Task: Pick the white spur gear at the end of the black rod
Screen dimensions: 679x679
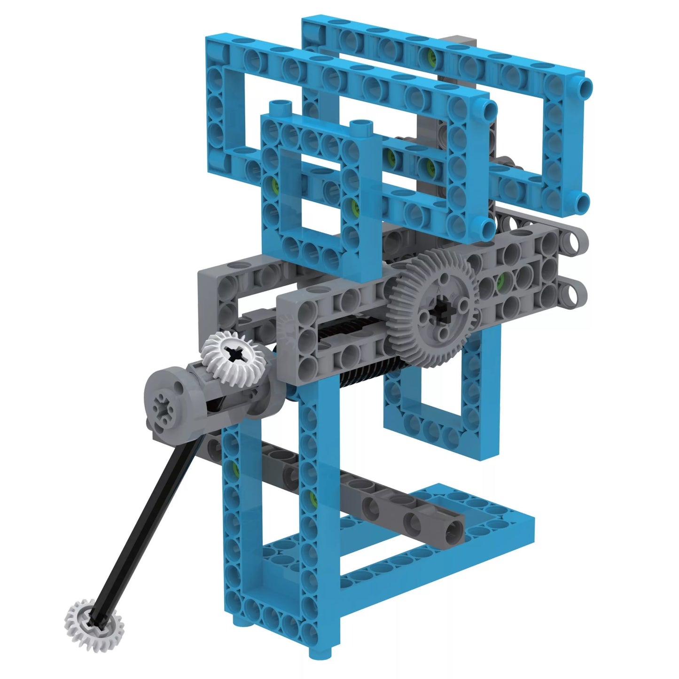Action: (x=90, y=619)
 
